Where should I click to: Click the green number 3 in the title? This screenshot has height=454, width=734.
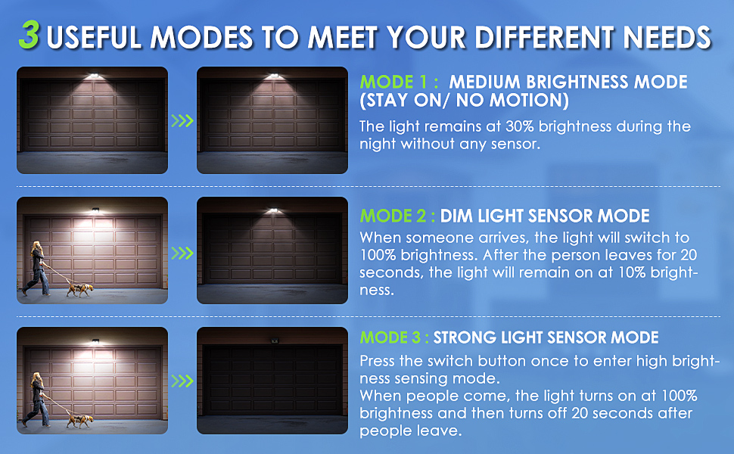click(x=29, y=36)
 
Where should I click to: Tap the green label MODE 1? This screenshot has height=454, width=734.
click(x=397, y=82)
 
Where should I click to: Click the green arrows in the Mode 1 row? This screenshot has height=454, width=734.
click(x=182, y=120)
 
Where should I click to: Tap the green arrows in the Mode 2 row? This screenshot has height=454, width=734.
click(x=182, y=252)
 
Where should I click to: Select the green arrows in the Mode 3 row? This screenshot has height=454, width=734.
click(x=182, y=381)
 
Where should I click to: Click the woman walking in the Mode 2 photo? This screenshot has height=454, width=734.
click(x=36, y=267)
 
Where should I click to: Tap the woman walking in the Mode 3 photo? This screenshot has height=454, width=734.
click(x=36, y=397)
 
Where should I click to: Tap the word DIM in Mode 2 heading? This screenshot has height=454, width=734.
click(x=457, y=216)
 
